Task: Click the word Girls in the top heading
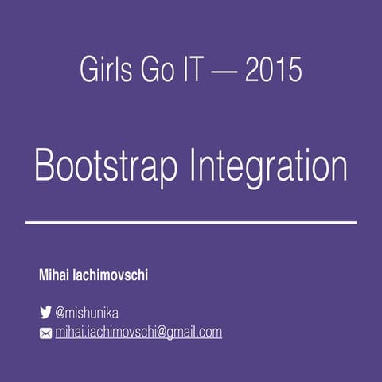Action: [103, 70]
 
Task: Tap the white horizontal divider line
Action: [191, 222]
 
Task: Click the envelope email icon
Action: [45, 333]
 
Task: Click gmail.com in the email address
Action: [193, 333]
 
